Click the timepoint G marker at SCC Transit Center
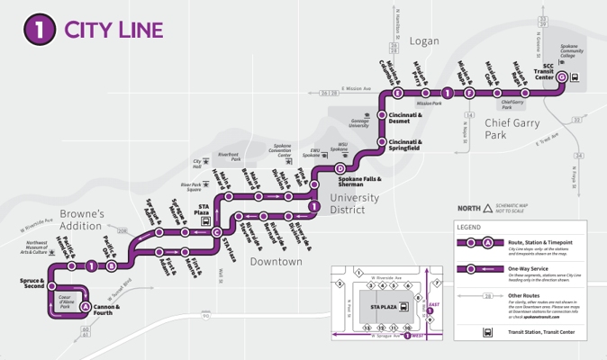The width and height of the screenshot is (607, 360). (562, 77)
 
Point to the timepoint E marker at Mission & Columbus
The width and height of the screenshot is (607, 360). (397, 93)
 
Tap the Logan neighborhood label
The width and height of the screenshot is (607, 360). (423, 41)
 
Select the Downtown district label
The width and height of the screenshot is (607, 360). (276, 261)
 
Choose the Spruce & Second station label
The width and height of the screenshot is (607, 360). (32, 285)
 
